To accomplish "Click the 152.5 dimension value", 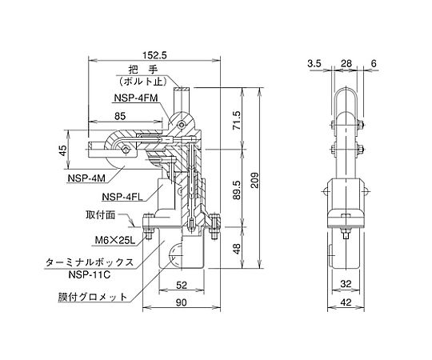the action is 155,56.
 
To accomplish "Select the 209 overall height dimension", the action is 255,181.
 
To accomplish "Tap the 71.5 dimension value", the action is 237,120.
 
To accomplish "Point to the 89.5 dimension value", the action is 237,190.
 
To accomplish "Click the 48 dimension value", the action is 237,249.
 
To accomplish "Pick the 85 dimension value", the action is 120,116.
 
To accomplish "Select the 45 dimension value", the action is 63,150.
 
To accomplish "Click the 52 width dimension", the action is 182,285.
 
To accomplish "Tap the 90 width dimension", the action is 181,302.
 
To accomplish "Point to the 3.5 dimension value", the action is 314,64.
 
